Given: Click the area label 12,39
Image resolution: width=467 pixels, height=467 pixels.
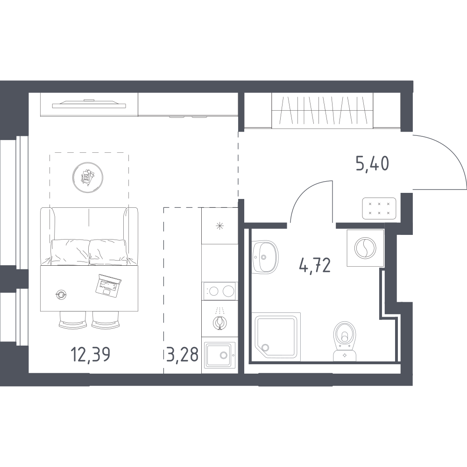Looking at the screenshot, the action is pos(91,354).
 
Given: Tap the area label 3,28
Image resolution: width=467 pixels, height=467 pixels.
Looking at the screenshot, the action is pos(182,354).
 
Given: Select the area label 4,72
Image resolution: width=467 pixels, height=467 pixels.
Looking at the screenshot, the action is pos(315,266).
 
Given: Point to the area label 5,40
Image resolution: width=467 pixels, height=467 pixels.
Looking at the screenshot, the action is pos(372,163).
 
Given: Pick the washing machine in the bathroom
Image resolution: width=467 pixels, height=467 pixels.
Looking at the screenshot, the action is pos(365,248).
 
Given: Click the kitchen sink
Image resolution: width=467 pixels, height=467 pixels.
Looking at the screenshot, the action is pos(220,355).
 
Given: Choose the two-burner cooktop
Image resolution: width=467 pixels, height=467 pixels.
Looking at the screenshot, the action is pos(220,290).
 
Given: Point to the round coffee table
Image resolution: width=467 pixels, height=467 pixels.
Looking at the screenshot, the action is pos(88,177).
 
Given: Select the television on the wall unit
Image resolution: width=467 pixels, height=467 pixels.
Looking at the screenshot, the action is pos(89,104).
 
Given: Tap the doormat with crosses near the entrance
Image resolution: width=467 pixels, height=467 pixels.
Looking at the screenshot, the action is pos(379,208).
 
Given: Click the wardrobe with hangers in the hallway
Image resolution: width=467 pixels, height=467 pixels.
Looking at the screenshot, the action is pos(322,111).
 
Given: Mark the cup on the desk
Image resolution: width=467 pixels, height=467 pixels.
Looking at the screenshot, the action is pos(61,295).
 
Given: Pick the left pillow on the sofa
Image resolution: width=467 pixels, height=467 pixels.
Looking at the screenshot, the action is pos(70,252).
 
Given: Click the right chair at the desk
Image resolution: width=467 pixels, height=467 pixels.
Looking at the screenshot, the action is pos(106,320).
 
